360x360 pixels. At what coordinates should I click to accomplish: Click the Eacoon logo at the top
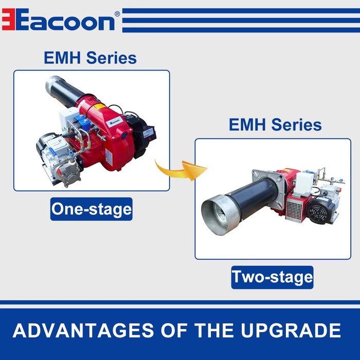coord(58,20)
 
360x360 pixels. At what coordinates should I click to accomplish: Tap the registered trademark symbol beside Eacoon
coord(117,14)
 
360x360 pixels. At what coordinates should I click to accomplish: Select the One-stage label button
coord(92,209)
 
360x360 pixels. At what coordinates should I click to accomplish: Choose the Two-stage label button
coord(272,277)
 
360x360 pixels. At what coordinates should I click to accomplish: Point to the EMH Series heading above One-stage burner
coord(90,58)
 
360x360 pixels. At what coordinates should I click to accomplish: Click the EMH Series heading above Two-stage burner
coord(275,124)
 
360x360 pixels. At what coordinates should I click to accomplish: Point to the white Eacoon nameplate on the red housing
coord(114,121)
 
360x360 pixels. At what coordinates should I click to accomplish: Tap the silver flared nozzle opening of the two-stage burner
coord(218,214)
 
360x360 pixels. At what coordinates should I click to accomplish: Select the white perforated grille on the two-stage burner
coord(295,210)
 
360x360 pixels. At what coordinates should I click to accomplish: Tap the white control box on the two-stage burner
coord(304,182)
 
